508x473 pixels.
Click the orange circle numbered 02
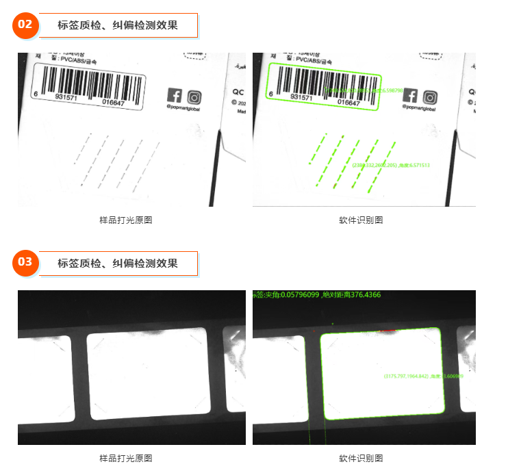25,25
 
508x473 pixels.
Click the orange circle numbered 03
25,262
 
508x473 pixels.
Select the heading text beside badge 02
118,25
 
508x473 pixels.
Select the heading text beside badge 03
118,263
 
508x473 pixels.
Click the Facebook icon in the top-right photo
411,95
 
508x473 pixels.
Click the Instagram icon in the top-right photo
430,96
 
